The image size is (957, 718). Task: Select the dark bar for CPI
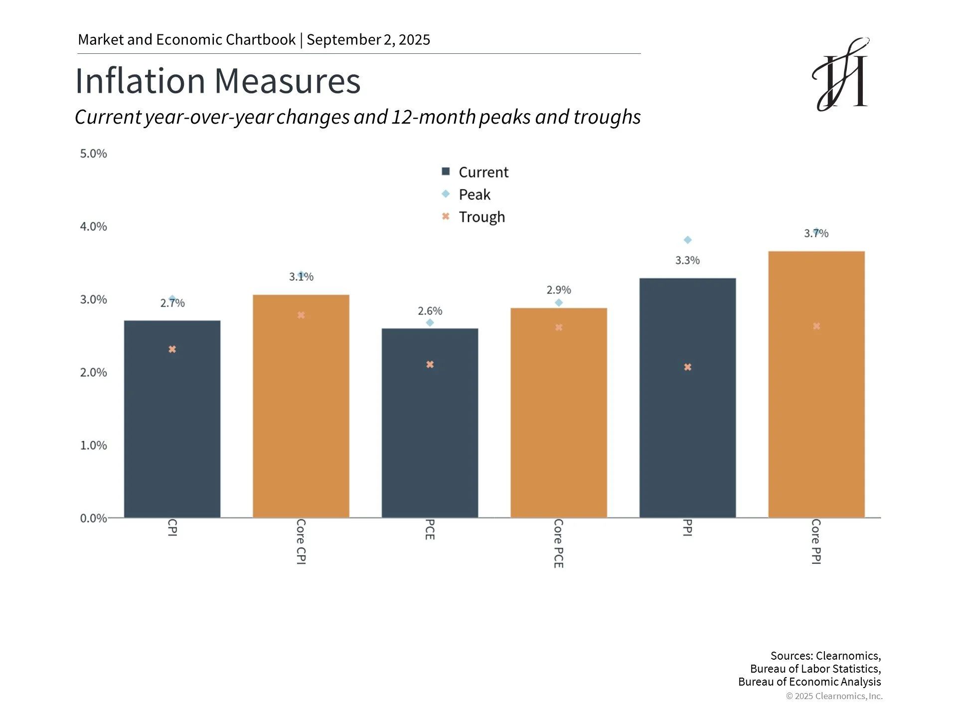coord(172,419)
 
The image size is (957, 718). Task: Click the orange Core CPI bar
coord(301,406)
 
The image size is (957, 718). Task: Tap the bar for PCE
coord(430,423)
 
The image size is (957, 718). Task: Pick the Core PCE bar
coord(559,413)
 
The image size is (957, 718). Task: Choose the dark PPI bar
coord(687,398)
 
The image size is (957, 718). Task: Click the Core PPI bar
coord(816,384)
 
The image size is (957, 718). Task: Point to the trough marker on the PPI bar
coord(688,367)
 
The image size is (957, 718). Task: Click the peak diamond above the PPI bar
coord(688,240)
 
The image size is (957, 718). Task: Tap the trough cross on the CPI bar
coord(172,349)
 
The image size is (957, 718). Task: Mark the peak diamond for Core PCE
coord(559,303)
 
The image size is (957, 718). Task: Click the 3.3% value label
coord(687,260)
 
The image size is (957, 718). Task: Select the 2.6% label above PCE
coord(430,311)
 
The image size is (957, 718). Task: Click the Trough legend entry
coord(474,217)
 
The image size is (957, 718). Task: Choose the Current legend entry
coord(475,172)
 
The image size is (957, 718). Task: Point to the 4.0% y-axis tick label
coord(94,226)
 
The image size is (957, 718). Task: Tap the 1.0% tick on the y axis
coord(94,445)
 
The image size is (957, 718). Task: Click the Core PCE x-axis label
coord(559,543)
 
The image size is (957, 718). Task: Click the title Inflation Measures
coord(218,80)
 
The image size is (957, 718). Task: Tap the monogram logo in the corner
coord(841,74)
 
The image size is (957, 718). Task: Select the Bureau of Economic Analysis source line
coord(809,682)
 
